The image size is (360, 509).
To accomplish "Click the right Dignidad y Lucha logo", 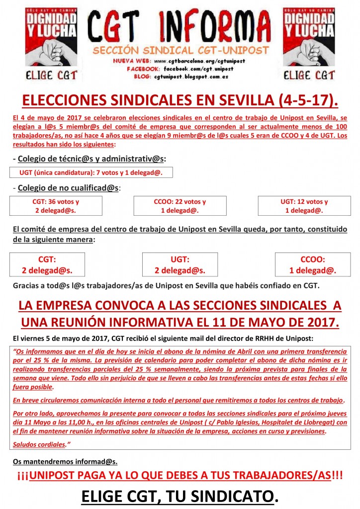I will (308, 44).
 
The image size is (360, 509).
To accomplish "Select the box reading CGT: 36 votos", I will (56, 206).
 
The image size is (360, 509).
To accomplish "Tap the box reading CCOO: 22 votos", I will (180, 206).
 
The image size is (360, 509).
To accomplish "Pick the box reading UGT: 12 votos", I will (304, 206).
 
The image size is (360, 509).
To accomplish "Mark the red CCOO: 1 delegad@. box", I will (313, 265).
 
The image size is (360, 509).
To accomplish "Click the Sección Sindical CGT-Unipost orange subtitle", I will (180, 51).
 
